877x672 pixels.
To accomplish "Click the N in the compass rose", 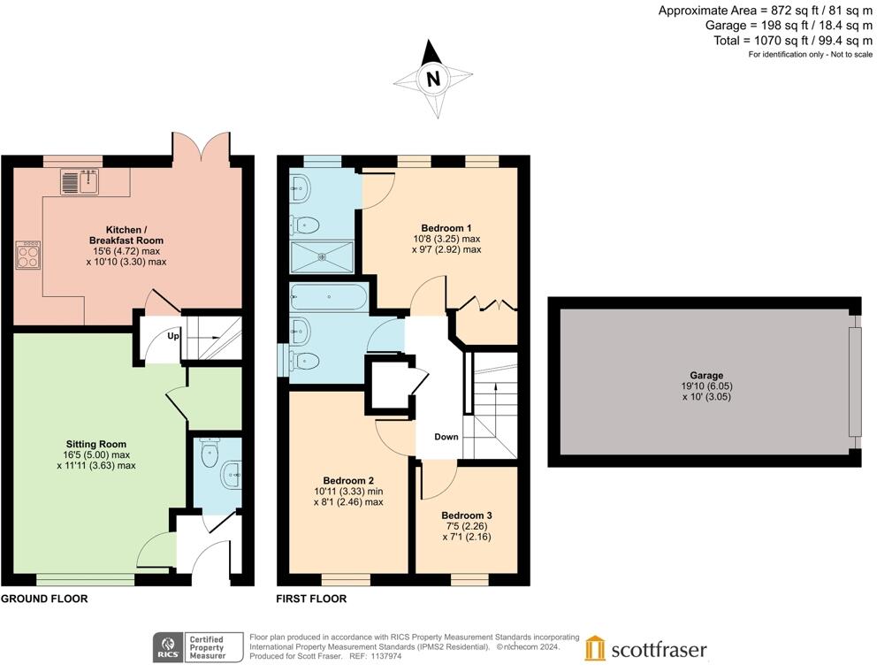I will coord(433,79).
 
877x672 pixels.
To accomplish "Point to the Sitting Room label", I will coord(96,444).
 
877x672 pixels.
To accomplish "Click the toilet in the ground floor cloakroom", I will coord(210,454).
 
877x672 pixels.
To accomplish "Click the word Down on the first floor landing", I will coord(446,437).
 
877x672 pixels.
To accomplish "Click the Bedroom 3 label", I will coord(466,515).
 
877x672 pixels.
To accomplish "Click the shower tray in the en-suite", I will coord(324,257).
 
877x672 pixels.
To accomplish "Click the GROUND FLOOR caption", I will coord(44,599).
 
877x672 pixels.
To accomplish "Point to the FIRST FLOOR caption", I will coord(311,599).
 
